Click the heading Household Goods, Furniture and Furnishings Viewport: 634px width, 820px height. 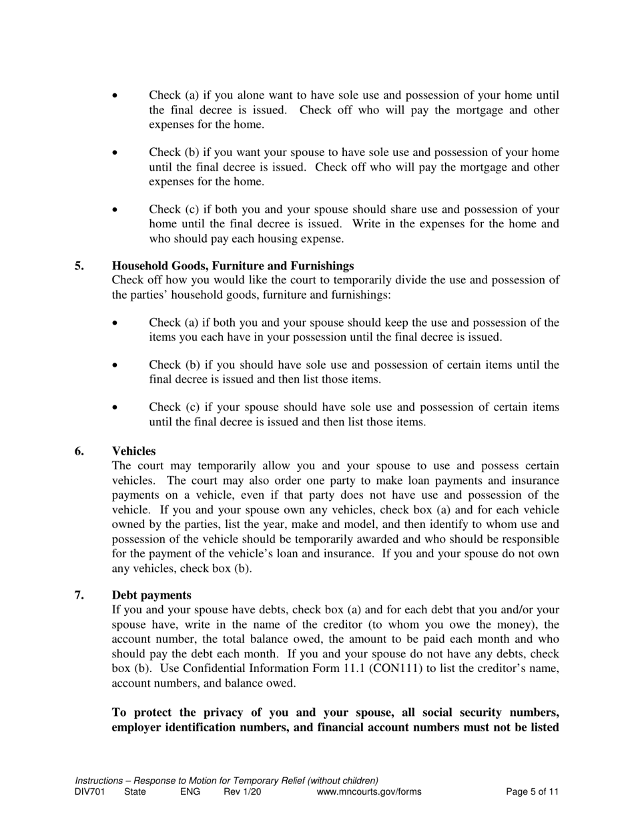coord(233,266)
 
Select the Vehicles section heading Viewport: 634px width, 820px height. coord(133,451)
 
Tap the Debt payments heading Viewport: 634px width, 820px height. coord(151,595)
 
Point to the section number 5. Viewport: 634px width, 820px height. coord(79,266)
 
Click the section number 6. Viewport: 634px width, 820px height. coord(79,451)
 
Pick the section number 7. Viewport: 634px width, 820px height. coord(79,595)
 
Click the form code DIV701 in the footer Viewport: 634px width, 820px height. coord(90,792)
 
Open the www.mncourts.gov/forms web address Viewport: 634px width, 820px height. coord(369,792)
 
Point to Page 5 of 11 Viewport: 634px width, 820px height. coord(532,792)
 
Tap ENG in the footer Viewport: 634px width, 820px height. coord(190,792)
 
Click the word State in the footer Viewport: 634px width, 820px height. coord(136,792)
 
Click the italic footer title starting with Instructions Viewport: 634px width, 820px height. coord(227,781)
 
